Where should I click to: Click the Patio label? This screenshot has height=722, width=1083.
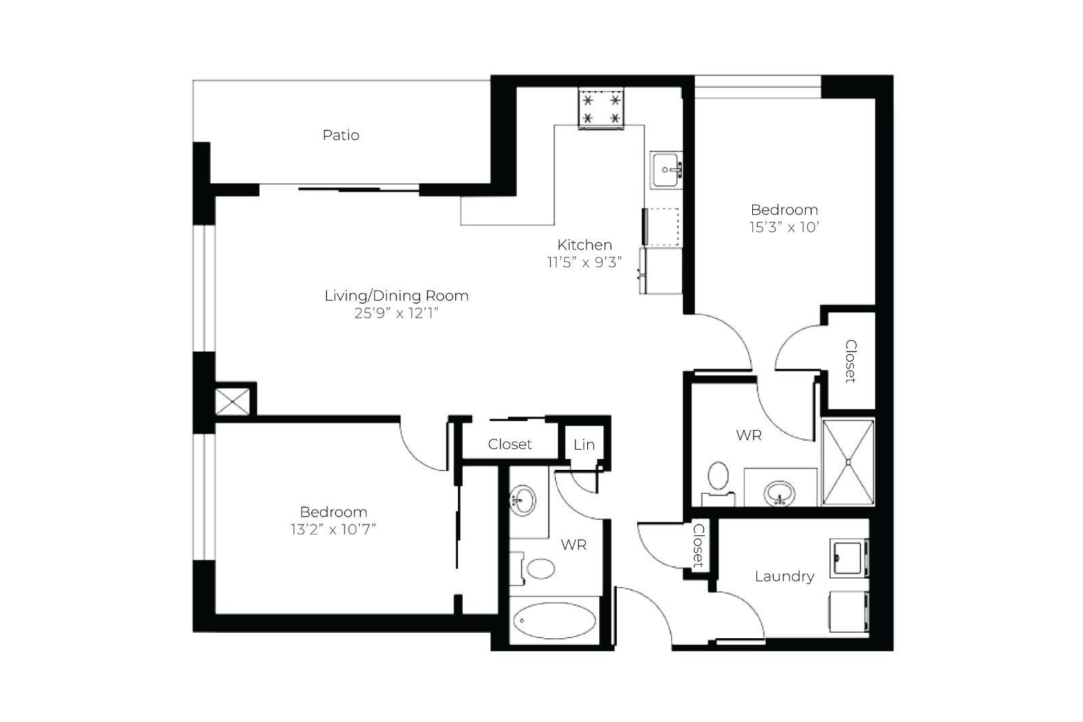point(341,135)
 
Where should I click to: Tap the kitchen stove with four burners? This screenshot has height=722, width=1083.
point(601,109)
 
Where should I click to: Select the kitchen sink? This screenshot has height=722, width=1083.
point(666,170)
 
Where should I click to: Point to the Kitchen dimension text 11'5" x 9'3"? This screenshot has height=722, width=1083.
point(584,262)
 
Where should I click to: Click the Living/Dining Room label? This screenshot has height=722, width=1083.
point(396,295)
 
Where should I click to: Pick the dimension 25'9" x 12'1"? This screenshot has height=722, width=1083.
point(396,313)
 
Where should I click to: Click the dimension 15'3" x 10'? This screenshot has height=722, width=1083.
point(784,227)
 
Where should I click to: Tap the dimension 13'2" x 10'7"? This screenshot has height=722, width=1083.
point(333,529)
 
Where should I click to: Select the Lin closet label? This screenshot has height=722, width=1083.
point(584,445)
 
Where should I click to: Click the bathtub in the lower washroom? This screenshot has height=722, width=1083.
point(555,621)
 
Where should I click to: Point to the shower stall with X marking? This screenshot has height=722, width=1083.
point(848,462)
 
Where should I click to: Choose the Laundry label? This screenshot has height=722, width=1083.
point(784,577)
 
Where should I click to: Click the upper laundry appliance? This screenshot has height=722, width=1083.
point(849,558)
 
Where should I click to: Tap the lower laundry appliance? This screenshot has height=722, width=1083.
point(849,611)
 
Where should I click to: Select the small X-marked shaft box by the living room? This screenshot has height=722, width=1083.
point(233,402)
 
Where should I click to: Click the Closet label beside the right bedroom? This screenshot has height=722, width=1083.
point(851,362)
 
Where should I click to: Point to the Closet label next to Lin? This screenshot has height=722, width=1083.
point(509,444)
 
